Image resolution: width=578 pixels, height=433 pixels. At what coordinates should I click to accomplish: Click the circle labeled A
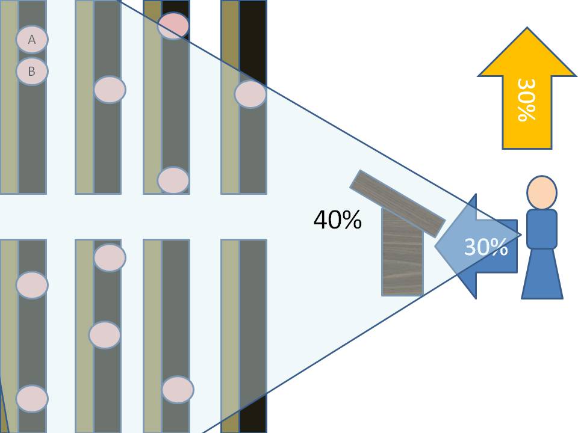[x=32, y=40]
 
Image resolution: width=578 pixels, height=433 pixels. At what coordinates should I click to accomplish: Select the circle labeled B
[x=32, y=71]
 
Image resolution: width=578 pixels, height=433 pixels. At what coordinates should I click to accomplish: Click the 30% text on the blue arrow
[x=485, y=247]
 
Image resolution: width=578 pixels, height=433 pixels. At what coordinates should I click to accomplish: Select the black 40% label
[x=337, y=220]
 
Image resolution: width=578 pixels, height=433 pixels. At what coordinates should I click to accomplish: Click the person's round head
[x=541, y=193]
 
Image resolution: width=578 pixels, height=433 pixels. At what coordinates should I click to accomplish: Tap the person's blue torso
[x=541, y=229]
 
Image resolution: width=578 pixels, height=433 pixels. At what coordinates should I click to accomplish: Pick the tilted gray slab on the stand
[x=397, y=203]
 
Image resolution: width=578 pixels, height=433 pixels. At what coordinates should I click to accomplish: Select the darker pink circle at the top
[x=173, y=25]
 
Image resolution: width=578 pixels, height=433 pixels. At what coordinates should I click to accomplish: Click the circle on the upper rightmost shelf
[x=250, y=94]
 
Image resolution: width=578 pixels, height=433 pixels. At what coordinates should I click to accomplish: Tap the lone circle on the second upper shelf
[x=110, y=90]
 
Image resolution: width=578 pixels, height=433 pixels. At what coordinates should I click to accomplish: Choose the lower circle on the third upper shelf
[x=173, y=180]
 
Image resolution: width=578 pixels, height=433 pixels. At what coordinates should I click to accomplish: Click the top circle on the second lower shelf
[x=110, y=257]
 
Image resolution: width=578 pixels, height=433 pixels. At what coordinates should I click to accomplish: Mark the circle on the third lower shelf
[x=178, y=390]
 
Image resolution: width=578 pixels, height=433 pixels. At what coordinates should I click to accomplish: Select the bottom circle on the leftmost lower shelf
[x=32, y=398]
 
